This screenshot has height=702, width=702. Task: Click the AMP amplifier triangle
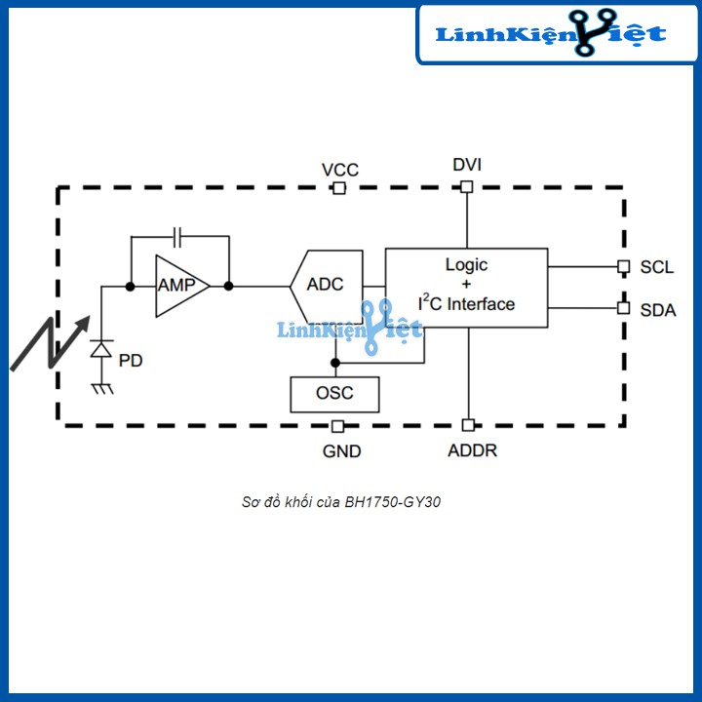tap(179, 286)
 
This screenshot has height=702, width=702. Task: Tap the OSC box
tap(334, 393)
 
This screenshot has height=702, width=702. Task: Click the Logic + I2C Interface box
tap(466, 286)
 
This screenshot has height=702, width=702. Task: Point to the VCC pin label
tap(340, 170)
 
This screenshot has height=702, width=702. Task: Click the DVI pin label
tap(467, 164)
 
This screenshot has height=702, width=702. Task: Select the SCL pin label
tap(657, 266)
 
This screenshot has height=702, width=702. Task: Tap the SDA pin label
tap(658, 310)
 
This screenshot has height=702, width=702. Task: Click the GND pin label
tap(341, 451)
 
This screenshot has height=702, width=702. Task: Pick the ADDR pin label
tap(472, 451)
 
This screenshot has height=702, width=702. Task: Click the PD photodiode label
tap(130, 361)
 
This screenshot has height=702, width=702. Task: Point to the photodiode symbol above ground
tap(100, 349)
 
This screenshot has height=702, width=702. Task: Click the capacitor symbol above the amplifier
tap(177, 236)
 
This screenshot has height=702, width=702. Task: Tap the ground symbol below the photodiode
tap(100, 388)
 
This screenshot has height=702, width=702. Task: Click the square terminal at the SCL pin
tap(623, 266)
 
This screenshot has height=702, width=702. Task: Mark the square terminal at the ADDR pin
tap(468, 425)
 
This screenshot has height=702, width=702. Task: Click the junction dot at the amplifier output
tap(228, 286)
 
